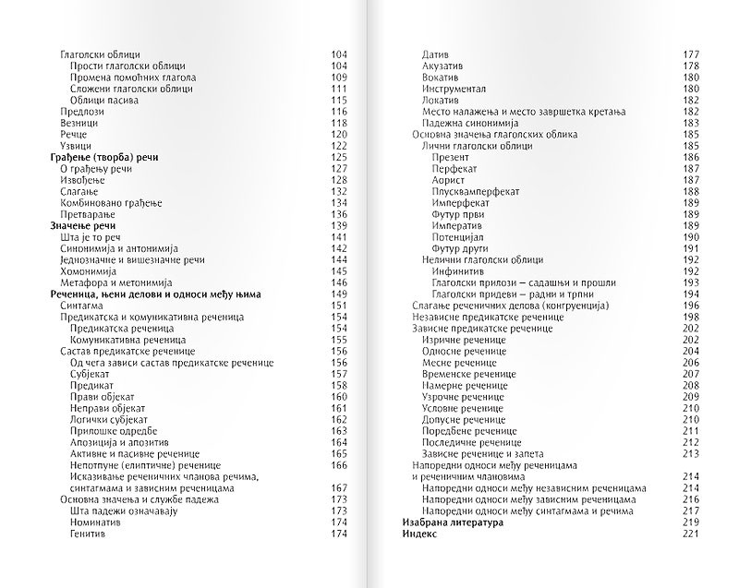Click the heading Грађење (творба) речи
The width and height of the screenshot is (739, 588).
103,158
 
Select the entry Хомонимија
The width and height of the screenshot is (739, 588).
91,271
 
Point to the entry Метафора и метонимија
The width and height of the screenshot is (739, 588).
113,283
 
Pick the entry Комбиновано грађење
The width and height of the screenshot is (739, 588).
110,203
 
